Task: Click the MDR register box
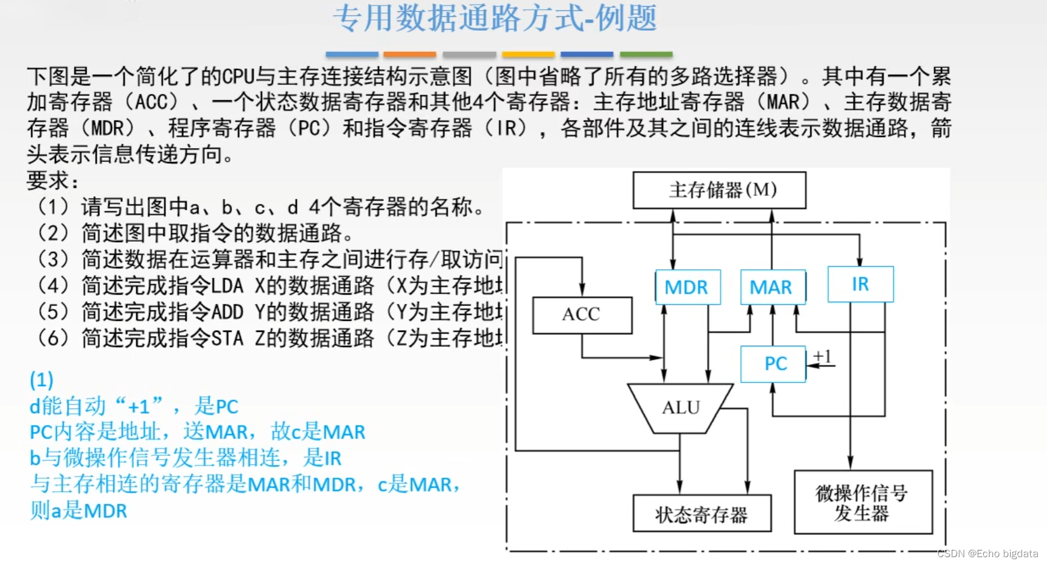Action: pyautogui.click(x=687, y=287)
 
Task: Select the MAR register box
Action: pyautogui.click(x=772, y=287)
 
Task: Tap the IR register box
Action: pyautogui.click(x=860, y=284)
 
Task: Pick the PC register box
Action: pyautogui.click(x=774, y=364)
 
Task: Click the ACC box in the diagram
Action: pyautogui.click(x=582, y=314)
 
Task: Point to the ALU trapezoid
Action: pyautogui.click(x=681, y=408)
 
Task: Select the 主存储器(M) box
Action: pyautogui.click(x=719, y=190)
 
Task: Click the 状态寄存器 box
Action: pyautogui.click(x=702, y=514)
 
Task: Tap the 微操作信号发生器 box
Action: pyautogui.click(x=863, y=502)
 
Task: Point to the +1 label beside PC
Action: pyautogui.click(x=823, y=357)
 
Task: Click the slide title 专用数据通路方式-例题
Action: pyautogui.click(x=494, y=18)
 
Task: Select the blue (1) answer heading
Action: pyautogui.click(x=42, y=379)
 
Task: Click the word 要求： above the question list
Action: pyautogui.click(x=52, y=180)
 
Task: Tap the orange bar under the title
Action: pyautogui.click(x=409, y=55)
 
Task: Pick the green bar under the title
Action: pyautogui.click(x=646, y=55)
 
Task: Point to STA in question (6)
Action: pyautogui.click(x=227, y=338)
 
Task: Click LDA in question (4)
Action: pyautogui.click(x=227, y=286)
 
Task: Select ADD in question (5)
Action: pyautogui.click(x=227, y=312)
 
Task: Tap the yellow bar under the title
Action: pyautogui.click(x=528, y=55)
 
